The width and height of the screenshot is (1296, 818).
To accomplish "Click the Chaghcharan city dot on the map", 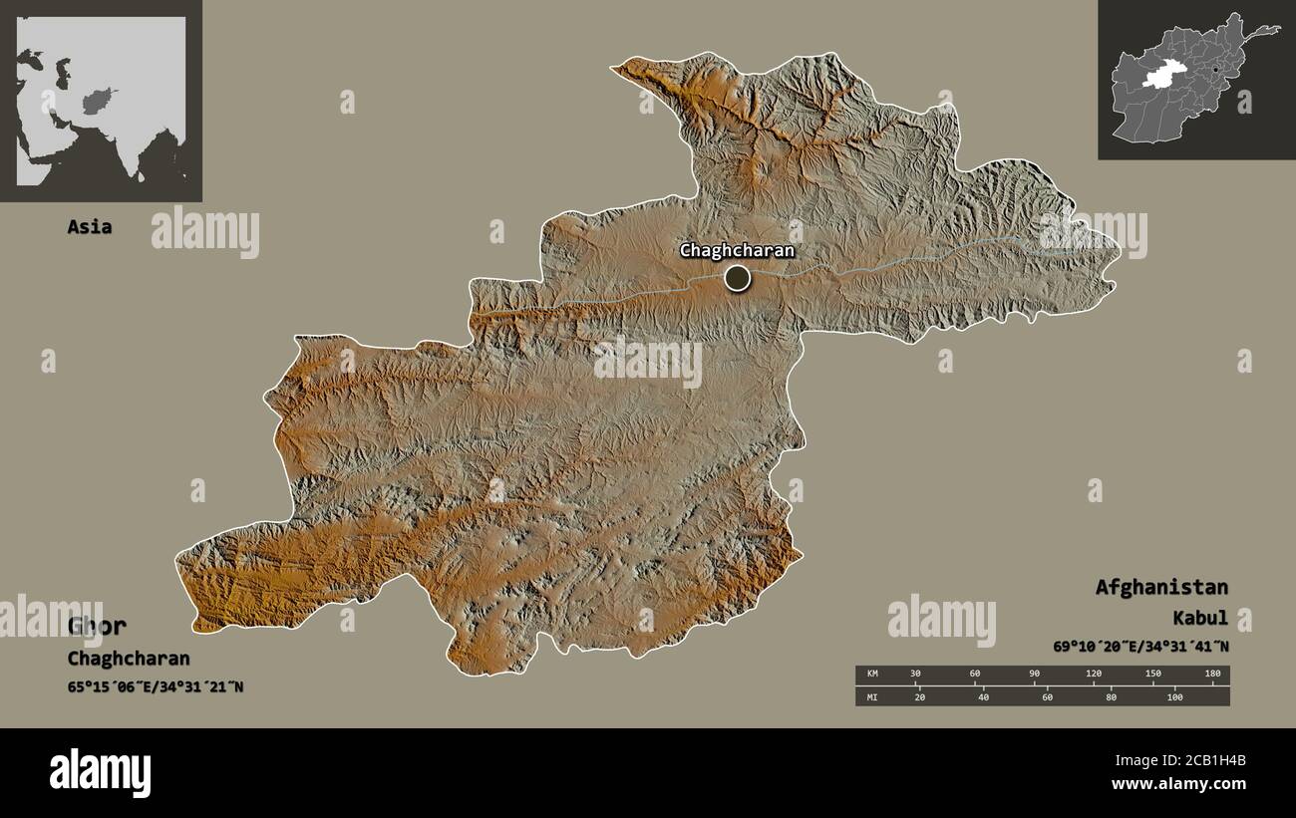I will (x=737, y=278).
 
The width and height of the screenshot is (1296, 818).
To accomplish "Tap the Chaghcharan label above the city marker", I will (x=737, y=250).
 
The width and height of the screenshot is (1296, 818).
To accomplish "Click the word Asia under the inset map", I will (x=89, y=227).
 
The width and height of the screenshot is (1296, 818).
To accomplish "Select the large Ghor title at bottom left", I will (x=97, y=626).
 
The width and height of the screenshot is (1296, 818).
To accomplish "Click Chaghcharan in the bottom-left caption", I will (x=129, y=659).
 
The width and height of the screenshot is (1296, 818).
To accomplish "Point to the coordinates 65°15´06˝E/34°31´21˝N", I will (x=156, y=686).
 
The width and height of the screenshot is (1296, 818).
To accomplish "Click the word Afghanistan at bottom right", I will (x=1161, y=587).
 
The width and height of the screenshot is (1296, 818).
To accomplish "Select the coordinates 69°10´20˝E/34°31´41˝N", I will (x=1140, y=647).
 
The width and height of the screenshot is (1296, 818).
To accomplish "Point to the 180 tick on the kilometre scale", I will (x=1212, y=675).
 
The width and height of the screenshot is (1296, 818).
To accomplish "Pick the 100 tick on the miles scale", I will (x=1174, y=696).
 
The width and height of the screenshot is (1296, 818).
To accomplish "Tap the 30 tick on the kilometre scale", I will (x=916, y=675).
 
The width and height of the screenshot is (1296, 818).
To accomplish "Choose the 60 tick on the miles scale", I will (x=1047, y=696).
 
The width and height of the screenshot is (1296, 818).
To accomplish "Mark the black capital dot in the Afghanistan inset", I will (x=1215, y=69).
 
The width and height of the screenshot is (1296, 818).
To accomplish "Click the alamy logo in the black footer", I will (x=100, y=772).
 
